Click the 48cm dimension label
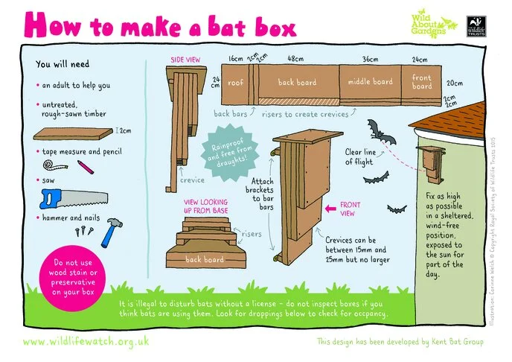[x=295, y=60]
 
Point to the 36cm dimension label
[x=371, y=60]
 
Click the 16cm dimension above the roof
[x=236, y=58]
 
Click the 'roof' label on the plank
[x=236, y=83]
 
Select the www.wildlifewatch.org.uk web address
[x=86, y=341]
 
